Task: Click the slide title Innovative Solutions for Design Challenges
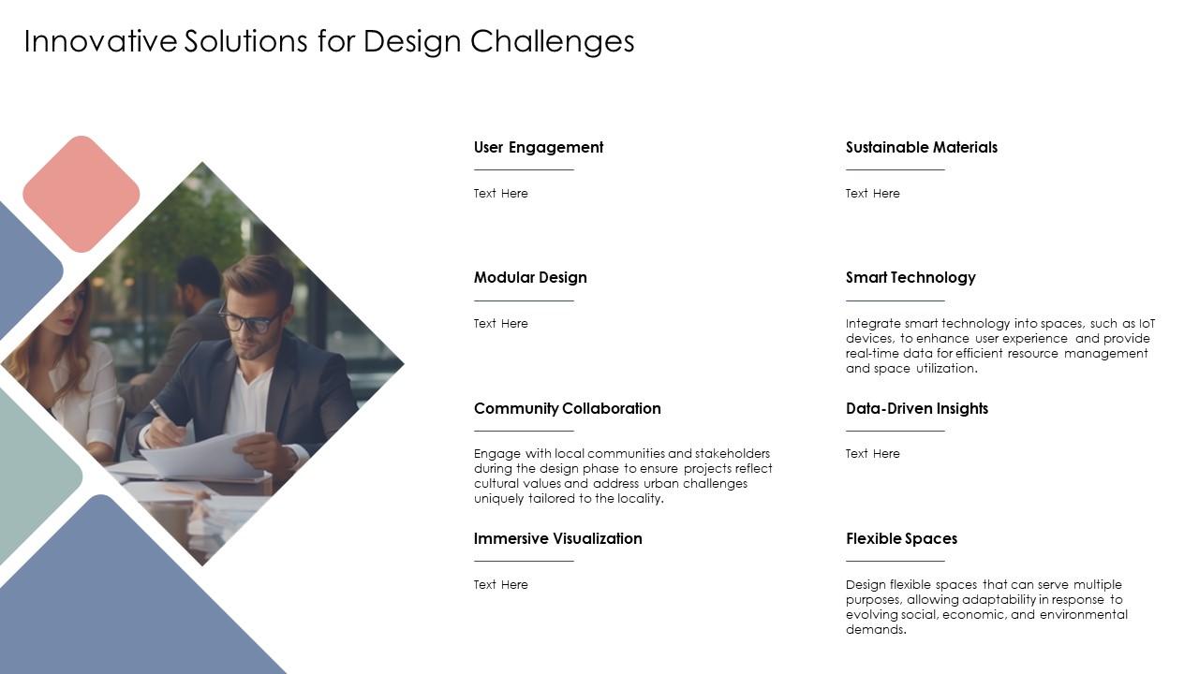point(329,41)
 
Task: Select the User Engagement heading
point(539,147)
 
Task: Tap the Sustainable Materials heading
point(921,147)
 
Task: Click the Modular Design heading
point(530,277)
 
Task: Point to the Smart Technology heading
point(910,277)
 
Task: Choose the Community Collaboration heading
point(567,408)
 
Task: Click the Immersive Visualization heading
point(557,538)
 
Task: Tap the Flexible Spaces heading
point(901,538)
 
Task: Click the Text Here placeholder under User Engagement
point(500,194)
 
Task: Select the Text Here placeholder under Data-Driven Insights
point(872,454)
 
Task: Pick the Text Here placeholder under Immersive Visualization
point(500,585)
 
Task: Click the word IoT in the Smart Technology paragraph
point(1147,324)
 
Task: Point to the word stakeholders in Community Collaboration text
point(733,454)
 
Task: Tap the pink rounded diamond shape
point(81,194)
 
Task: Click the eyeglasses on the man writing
point(246,321)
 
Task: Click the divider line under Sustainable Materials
point(895,170)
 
